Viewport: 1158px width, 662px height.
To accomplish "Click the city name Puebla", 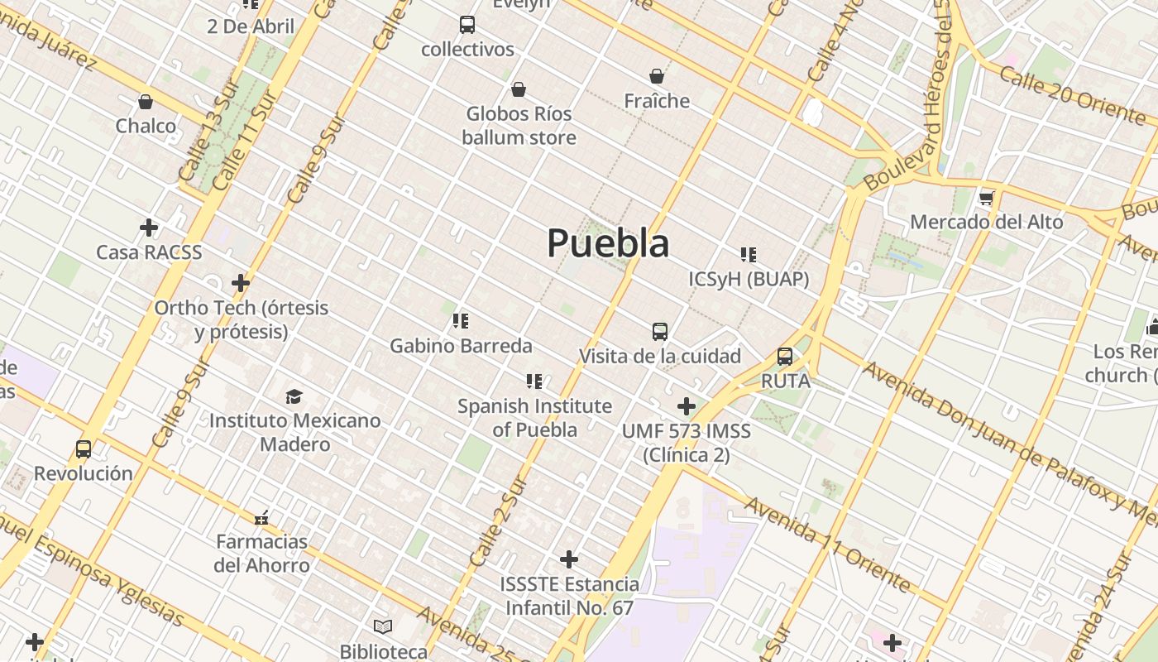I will pyautogui.click(x=608, y=243).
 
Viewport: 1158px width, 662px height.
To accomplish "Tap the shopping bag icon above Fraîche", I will pyautogui.click(x=657, y=76).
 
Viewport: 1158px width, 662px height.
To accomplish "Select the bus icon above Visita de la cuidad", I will pyautogui.click(x=660, y=332).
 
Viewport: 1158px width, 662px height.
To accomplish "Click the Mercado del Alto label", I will pyautogui.click(x=986, y=222).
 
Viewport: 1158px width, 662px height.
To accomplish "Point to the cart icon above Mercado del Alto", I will pyautogui.click(x=986, y=199).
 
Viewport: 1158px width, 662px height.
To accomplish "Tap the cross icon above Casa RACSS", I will pyautogui.click(x=149, y=228).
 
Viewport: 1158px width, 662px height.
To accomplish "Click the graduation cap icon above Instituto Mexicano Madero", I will pyautogui.click(x=294, y=396).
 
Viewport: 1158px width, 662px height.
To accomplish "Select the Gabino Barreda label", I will pyautogui.click(x=461, y=345).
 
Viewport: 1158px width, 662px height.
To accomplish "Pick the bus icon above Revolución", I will pyautogui.click(x=84, y=449).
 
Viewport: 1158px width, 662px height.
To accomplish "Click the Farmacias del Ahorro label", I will pyautogui.click(x=261, y=554).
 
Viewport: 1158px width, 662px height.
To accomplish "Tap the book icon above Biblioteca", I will pyautogui.click(x=383, y=626).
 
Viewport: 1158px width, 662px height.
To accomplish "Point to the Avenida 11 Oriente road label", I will pyautogui.click(x=828, y=544).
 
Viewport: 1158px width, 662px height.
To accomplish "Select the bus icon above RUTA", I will pyautogui.click(x=785, y=357).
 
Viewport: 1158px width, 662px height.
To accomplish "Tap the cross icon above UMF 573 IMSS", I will pyautogui.click(x=687, y=406).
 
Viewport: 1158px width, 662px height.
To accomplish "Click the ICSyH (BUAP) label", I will pyautogui.click(x=749, y=279).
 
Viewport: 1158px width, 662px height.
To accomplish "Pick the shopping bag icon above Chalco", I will pyautogui.click(x=146, y=102).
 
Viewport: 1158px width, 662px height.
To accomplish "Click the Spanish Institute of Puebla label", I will pyautogui.click(x=534, y=418).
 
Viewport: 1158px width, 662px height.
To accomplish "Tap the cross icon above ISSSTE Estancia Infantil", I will pyautogui.click(x=569, y=559).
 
